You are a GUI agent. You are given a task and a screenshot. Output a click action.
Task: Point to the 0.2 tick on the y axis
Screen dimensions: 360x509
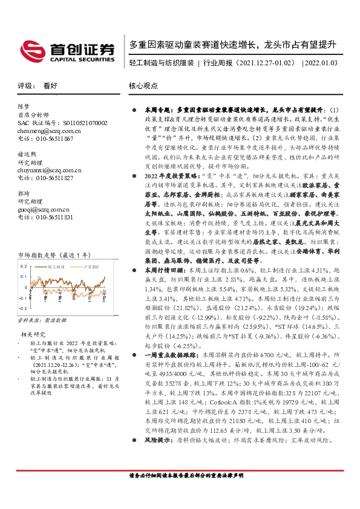24,282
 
